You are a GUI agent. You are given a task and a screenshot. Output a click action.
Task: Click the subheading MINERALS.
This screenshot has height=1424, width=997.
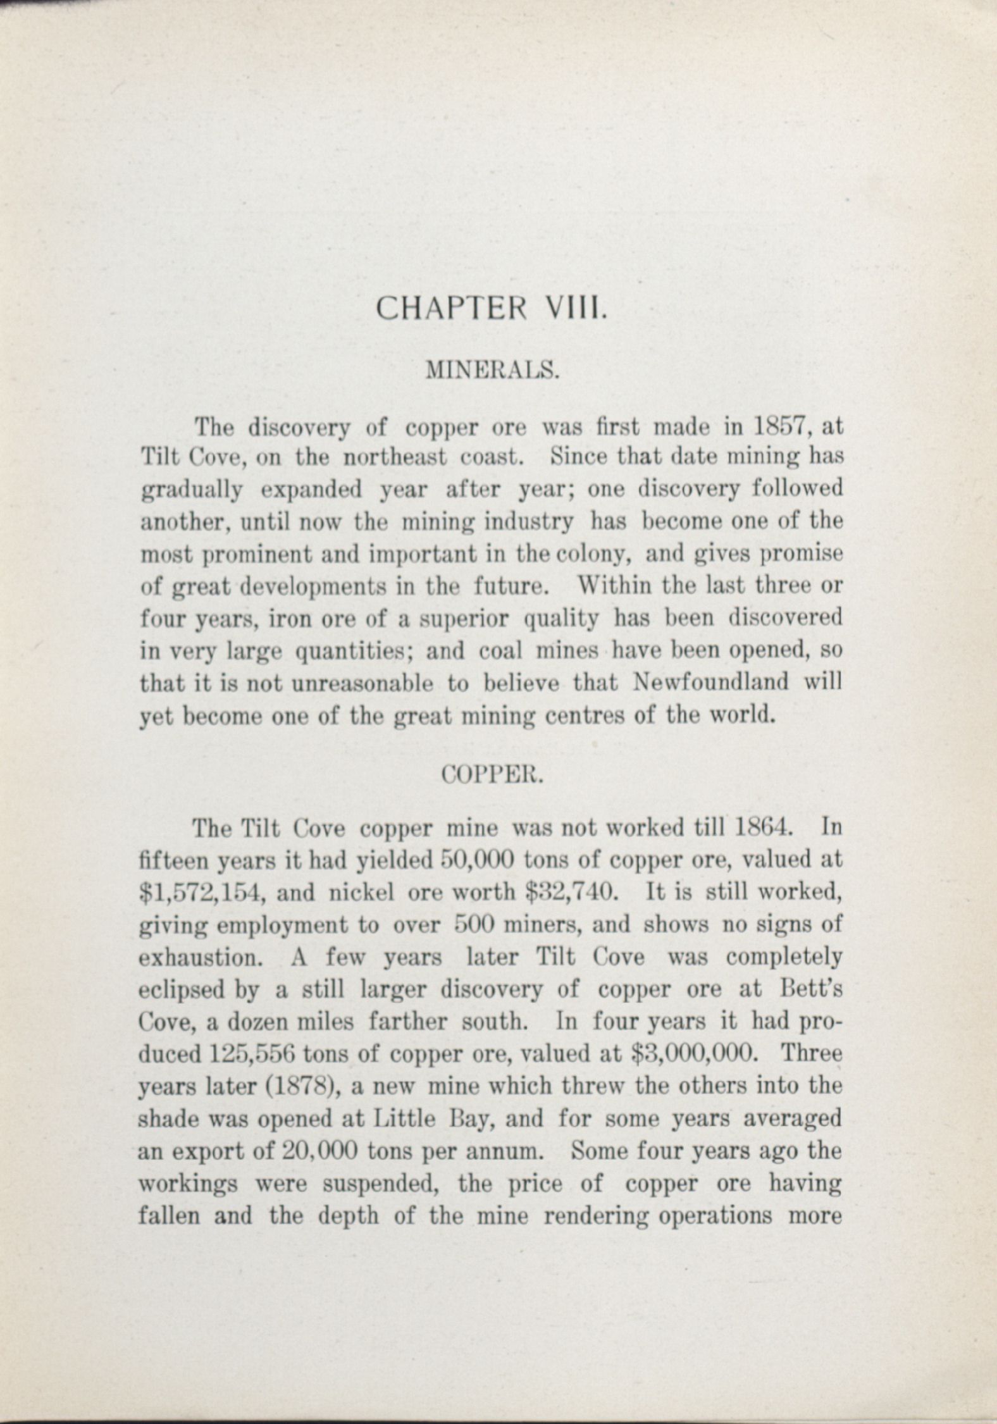pyautogui.click(x=493, y=369)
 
